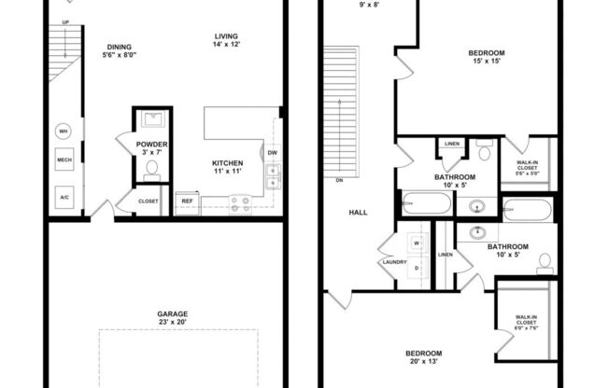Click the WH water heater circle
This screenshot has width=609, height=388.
tap(64, 132)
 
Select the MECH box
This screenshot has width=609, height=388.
tap(64, 159)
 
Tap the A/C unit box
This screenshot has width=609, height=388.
tap(64, 198)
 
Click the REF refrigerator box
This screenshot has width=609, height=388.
tap(187, 201)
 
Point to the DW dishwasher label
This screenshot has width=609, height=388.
tap(272, 152)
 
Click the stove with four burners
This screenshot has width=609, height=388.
tap(239, 202)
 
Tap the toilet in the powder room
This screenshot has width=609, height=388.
tap(152, 169)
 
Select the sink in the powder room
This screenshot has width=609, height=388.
tap(151, 120)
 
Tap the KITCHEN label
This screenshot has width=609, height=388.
tap(227, 162)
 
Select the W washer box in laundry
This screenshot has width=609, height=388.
tap(416, 242)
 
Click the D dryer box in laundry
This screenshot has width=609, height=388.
tap(416, 269)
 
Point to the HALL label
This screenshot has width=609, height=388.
tap(358, 212)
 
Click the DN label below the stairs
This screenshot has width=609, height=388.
tap(339, 181)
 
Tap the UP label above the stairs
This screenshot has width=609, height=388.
tap(65, 22)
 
